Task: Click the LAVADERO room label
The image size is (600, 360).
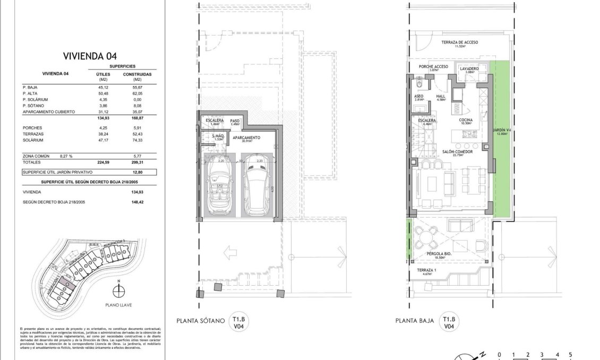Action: click(x=469, y=70)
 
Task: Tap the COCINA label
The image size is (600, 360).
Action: click(x=466, y=121)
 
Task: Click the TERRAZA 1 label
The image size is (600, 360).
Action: click(x=426, y=271)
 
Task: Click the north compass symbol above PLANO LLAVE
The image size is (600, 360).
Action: click(x=119, y=291)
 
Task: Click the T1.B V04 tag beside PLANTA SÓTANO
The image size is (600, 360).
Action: click(x=237, y=323)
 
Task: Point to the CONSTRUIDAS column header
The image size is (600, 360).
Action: click(x=137, y=74)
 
